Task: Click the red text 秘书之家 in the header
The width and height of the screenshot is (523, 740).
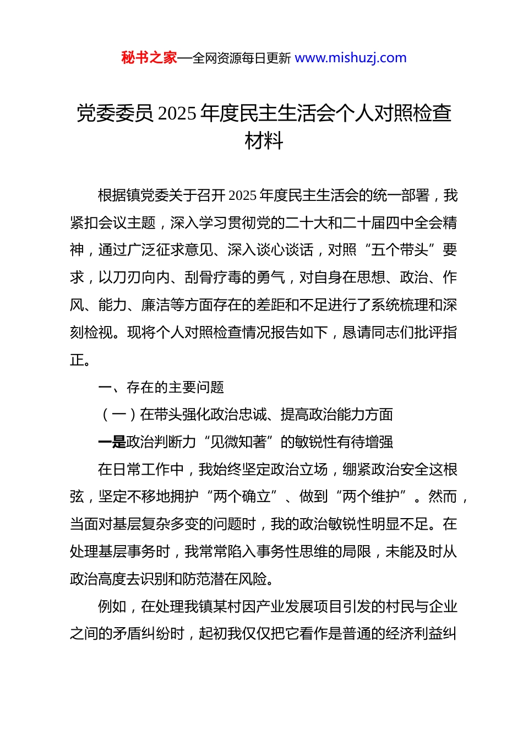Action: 149,58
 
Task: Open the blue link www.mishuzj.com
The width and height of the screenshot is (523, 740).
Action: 351,58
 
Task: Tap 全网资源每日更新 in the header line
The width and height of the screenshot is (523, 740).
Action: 241,58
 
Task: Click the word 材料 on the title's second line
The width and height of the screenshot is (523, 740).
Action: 264,141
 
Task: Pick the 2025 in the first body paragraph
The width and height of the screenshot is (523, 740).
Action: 242,195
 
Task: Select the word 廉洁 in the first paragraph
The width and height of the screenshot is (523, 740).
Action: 156,305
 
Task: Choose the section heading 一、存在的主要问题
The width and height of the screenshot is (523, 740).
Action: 161,388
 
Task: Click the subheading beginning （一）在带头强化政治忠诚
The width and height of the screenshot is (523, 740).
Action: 246,415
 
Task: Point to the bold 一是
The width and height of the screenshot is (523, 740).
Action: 112,442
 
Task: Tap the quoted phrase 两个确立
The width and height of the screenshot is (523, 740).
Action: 242,497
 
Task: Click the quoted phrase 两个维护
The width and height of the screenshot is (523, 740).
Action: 371,497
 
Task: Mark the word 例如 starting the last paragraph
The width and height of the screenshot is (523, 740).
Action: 112,607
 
